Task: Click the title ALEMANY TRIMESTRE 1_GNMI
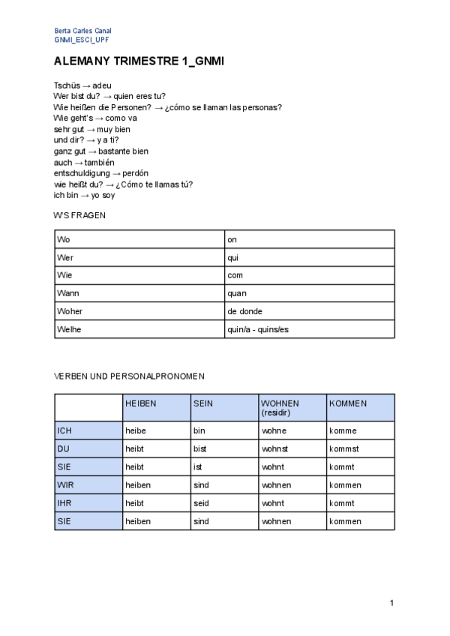(x=139, y=62)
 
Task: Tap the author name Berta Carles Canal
(x=82, y=31)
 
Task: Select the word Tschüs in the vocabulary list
(x=66, y=85)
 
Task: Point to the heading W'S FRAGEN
(x=79, y=215)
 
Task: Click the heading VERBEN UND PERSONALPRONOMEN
(x=129, y=376)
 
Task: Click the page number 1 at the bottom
(x=391, y=603)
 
